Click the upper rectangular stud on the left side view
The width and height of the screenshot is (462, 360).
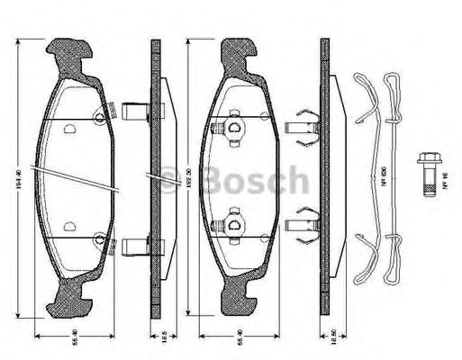pos(134,115)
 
